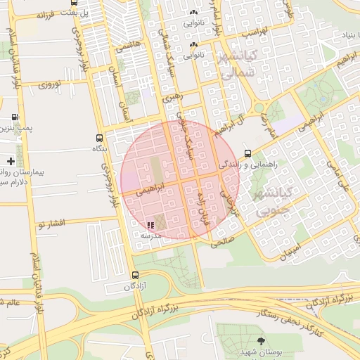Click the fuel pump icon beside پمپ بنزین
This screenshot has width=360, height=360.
(15, 117)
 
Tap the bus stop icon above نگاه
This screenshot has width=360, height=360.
(99, 138)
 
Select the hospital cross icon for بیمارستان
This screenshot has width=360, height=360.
(11, 162)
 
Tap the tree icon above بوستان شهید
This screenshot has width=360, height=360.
(262, 340)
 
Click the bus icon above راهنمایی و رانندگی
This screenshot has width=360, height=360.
(247, 153)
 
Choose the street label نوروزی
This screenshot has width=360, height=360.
(51, 85)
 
